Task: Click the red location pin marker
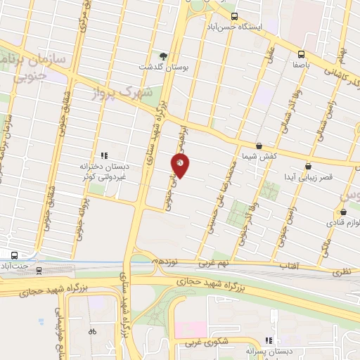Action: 180,165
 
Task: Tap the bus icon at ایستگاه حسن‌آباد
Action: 235,16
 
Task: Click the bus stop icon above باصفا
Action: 302,53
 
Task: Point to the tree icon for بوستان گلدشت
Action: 164,55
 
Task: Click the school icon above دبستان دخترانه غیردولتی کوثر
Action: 104,155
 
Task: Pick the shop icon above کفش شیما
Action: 259,146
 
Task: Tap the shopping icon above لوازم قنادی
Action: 344,212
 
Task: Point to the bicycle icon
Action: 92,331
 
